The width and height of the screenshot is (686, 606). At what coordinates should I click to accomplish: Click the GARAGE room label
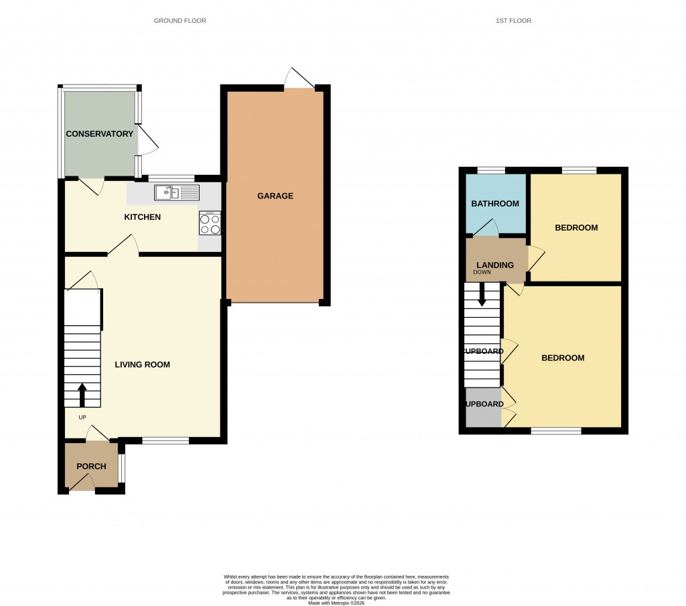click(x=275, y=196)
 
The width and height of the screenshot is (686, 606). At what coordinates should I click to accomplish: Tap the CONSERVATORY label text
click(x=99, y=134)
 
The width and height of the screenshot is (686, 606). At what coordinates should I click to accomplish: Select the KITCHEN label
click(x=142, y=217)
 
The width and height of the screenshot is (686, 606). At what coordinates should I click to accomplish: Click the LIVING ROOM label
click(x=142, y=365)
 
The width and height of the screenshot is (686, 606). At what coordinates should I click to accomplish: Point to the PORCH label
click(x=91, y=467)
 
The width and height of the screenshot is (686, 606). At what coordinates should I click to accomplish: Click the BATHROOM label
click(x=495, y=204)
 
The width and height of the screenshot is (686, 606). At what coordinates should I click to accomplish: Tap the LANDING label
click(x=495, y=265)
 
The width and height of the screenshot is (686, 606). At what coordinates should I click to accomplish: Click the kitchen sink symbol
click(x=177, y=193)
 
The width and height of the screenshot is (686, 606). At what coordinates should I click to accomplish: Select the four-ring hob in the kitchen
click(x=210, y=223)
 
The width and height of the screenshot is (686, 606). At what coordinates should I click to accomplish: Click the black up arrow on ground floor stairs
click(x=82, y=395)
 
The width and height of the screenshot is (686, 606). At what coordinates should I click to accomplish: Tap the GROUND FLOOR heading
click(x=180, y=21)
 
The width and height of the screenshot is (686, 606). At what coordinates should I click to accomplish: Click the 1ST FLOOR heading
click(x=513, y=21)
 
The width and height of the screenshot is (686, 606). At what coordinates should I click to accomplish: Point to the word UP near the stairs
click(x=82, y=417)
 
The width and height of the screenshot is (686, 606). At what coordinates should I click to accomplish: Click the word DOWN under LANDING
click(x=482, y=273)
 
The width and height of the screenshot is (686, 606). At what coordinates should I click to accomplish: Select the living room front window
click(x=165, y=440)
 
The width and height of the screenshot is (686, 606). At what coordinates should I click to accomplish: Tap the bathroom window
click(x=491, y=170)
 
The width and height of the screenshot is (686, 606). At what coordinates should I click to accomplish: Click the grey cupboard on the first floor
click(x=484, y=408)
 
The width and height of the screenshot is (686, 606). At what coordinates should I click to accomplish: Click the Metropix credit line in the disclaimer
click(x=336, y=603)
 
